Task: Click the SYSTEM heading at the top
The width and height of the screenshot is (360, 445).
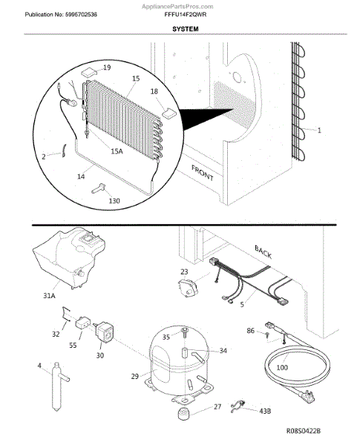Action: coord(186,29)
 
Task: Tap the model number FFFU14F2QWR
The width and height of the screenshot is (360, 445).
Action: coord(186,15)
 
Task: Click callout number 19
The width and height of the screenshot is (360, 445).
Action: coord(107,67)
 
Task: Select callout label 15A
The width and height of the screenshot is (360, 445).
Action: coord(117,151)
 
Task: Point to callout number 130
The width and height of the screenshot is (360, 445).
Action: coord(114,201)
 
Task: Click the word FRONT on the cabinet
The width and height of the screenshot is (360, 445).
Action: coord(203,173)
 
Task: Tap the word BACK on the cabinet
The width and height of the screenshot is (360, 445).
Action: coord(263,252)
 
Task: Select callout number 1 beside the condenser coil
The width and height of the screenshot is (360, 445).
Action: coord(319,131)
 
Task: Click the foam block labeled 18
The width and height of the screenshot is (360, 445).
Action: coord(169,113)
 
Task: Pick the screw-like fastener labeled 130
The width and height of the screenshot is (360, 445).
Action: coord(99,188)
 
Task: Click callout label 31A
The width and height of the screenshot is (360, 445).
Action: coord(49,296)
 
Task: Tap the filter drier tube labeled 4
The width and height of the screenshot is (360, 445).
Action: coord(58,386)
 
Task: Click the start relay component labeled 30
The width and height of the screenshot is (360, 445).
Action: coord(105,332)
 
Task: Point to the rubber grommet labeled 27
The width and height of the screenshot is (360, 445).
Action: coord(183,413)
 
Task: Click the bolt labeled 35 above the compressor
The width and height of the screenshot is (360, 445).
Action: coord(184,332)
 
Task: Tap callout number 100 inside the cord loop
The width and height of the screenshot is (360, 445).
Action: coord(282,368)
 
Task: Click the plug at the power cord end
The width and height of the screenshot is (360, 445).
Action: coord(307,395)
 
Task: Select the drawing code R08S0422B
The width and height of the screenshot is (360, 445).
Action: coord(303,431)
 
